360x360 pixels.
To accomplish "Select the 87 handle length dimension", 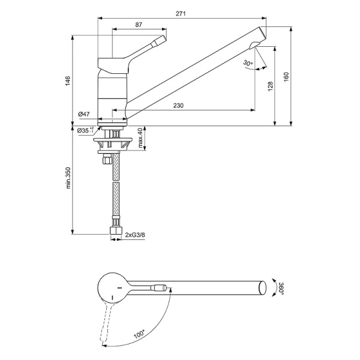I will click(139, 25).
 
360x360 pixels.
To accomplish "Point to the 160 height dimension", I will click(286, 77).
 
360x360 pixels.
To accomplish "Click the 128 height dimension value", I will click(270, 88).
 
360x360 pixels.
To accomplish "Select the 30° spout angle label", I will click(248, 62).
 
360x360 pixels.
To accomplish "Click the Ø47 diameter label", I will click(83, 114).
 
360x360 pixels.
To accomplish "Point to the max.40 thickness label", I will click(140, 139).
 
